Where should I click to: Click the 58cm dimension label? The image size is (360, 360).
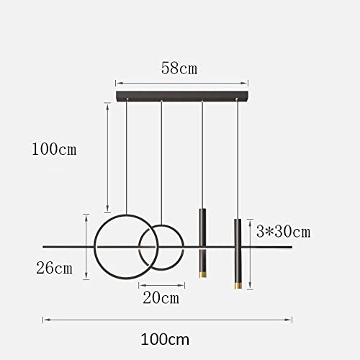(x=179, y=68)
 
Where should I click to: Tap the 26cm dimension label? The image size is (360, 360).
(x=54, y=268)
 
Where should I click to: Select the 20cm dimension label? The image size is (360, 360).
(x=161, y=298)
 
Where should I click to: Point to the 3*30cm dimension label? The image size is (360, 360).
(x=284, y=232)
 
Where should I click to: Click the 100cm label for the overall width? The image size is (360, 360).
(x=165, y=339)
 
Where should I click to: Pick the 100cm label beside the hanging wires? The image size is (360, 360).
(x=54, y=149)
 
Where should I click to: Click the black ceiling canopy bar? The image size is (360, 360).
(x=182, y=96)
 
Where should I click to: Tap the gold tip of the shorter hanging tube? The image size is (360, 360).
(x=203, y=275)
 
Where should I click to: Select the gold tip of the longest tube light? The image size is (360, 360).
(x=238, y=286)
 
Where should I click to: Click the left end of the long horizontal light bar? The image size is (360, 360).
(x=43, y=247)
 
